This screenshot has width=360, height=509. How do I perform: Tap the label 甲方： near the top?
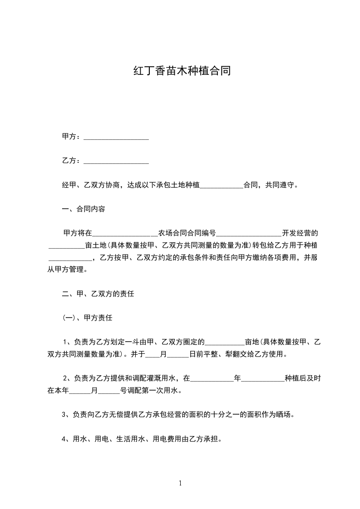click(72, 137)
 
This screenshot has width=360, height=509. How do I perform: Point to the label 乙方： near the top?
click(72, 161)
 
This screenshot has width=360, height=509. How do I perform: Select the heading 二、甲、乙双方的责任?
click(98, 294)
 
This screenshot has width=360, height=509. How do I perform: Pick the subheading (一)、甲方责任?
click(87, 318)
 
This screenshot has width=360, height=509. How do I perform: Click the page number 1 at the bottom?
click(180, 483)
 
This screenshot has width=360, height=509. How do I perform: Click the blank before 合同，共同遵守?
click(222, 186)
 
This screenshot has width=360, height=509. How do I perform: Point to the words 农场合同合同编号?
click(187, 234)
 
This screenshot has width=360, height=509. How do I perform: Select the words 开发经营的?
click(300, 234)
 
